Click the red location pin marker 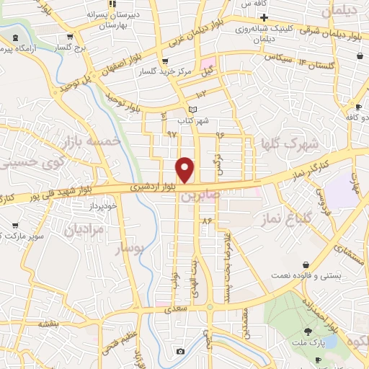click(x=185, y=170)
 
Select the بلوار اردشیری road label click(x=154, y=186)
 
